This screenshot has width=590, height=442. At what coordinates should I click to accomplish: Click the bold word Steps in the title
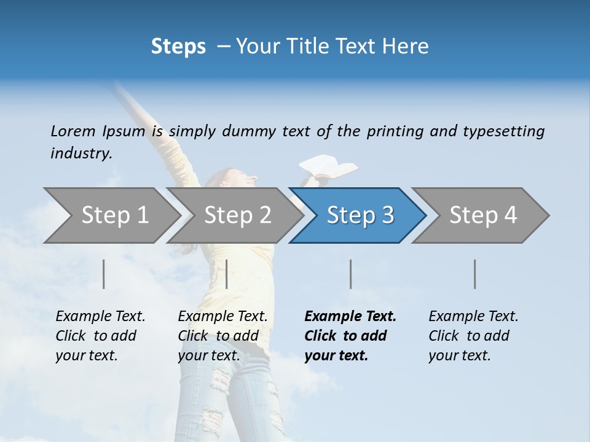click(178, 47)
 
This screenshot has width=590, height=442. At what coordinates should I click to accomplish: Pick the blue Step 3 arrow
click(360, 215)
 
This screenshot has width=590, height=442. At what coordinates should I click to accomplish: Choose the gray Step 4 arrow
click(483, 215)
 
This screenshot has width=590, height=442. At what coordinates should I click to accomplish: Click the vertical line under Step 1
click(104, 274)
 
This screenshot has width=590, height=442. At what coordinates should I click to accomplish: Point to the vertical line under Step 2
click(227, 274)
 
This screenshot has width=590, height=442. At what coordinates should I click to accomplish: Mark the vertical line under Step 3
click(351, 274)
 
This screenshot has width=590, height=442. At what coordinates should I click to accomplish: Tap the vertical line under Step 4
click(475, 274)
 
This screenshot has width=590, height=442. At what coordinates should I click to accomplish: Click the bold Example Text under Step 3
click(350, 336)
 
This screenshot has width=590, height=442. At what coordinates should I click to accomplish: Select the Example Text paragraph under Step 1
click(100, 336)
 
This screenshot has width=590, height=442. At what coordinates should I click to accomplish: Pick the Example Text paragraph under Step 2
click(222, 336)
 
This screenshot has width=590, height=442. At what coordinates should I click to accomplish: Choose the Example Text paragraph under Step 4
click(473, 336)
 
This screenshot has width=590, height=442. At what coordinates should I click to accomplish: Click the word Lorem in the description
click(73, 131)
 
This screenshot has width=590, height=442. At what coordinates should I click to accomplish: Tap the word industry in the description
click(81, 153)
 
